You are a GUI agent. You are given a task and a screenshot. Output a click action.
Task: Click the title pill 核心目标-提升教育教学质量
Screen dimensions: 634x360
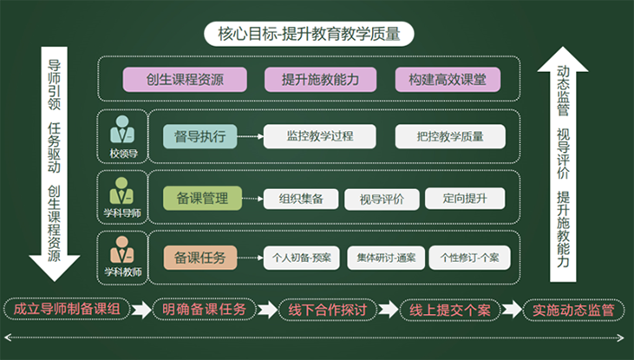[309, 34]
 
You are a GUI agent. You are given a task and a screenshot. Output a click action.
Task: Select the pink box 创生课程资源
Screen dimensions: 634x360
[185, 79]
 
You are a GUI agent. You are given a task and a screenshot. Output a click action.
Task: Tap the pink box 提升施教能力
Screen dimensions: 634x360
[320, 79]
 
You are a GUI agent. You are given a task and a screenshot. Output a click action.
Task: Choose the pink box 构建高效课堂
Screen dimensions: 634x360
[448, 79]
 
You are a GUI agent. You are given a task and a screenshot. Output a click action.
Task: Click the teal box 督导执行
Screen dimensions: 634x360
[199, 136]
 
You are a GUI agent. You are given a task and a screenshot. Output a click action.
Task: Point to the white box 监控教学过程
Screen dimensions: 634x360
[319, 136]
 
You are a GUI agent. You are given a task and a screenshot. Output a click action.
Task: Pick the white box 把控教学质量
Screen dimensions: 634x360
[450, 136]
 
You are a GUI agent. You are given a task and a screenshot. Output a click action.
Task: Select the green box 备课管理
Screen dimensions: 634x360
[202, 198]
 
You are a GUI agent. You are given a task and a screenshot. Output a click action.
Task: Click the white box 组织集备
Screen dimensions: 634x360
[301, 199]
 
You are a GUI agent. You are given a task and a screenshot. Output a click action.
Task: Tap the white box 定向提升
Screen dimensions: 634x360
[465, 198]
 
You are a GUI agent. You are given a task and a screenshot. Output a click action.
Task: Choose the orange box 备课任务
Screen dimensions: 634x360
[199, 258]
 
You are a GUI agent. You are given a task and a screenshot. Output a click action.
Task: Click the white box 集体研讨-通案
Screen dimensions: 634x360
[386, 258]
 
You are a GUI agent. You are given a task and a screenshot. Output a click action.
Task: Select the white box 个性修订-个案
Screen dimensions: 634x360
[469, 258]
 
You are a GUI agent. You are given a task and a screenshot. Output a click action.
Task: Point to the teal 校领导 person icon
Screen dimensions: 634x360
[122, 129]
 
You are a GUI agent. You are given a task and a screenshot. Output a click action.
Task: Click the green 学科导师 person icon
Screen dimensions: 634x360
[121, 191]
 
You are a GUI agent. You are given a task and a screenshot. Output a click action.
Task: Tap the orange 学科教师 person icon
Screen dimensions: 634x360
[121, 250]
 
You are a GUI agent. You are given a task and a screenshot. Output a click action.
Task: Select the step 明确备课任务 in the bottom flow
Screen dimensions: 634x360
[204, 310]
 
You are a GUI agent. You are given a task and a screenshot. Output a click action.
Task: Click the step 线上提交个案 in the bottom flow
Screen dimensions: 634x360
[449, 310]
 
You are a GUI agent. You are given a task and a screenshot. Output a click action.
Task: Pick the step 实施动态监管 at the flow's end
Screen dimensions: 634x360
[573, 310]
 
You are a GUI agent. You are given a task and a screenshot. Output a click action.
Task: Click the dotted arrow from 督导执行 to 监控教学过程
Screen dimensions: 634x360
[251, 137]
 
